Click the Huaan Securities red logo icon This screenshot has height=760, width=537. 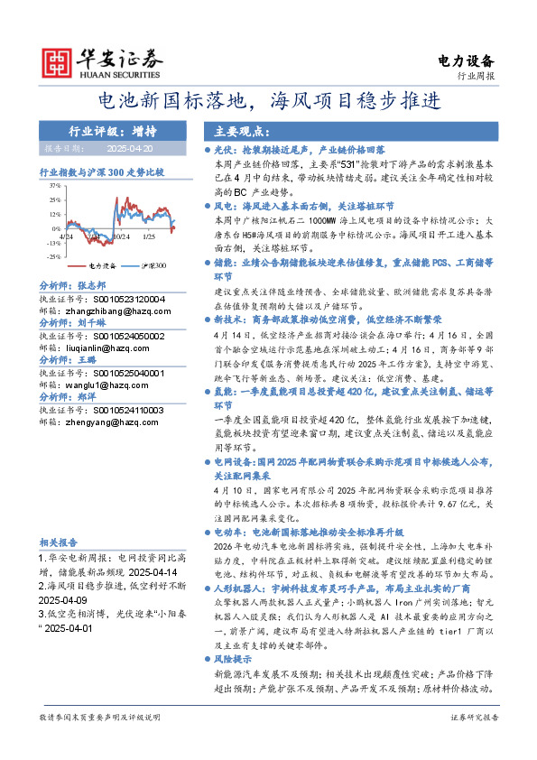coord(57,61)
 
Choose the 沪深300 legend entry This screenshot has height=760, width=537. coord(153,266)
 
